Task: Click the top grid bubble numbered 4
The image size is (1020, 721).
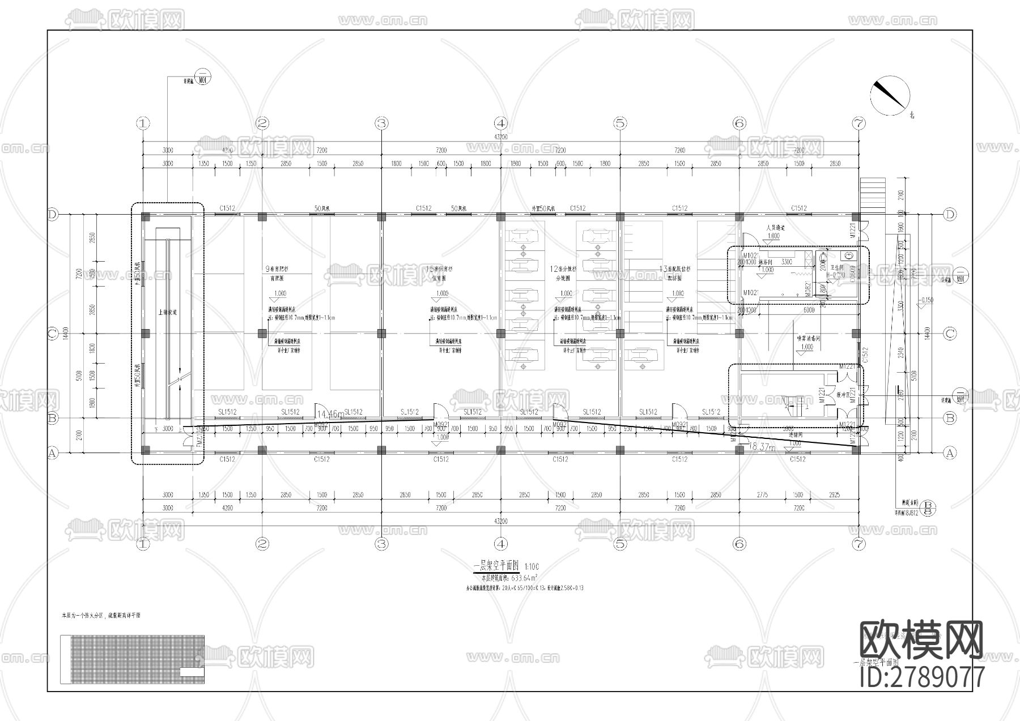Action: click(x=500, y=123)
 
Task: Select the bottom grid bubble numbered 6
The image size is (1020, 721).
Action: click(x=739, y=544)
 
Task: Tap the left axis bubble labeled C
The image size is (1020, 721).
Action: click(x=53, y=334)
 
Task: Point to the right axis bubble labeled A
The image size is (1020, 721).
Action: click(x=950, y=453)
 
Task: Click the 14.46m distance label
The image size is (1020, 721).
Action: click(x=330, y=415)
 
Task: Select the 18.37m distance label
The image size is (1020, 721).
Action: click(x=762, y=447)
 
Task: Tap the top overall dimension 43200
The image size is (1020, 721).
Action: click(x=500, y=137)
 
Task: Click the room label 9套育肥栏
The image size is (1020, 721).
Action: click(x=278, y=270)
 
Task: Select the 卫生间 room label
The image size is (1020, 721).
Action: click(x=838, y=268)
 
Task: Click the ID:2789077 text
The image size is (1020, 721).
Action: click(x=922, y=676)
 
